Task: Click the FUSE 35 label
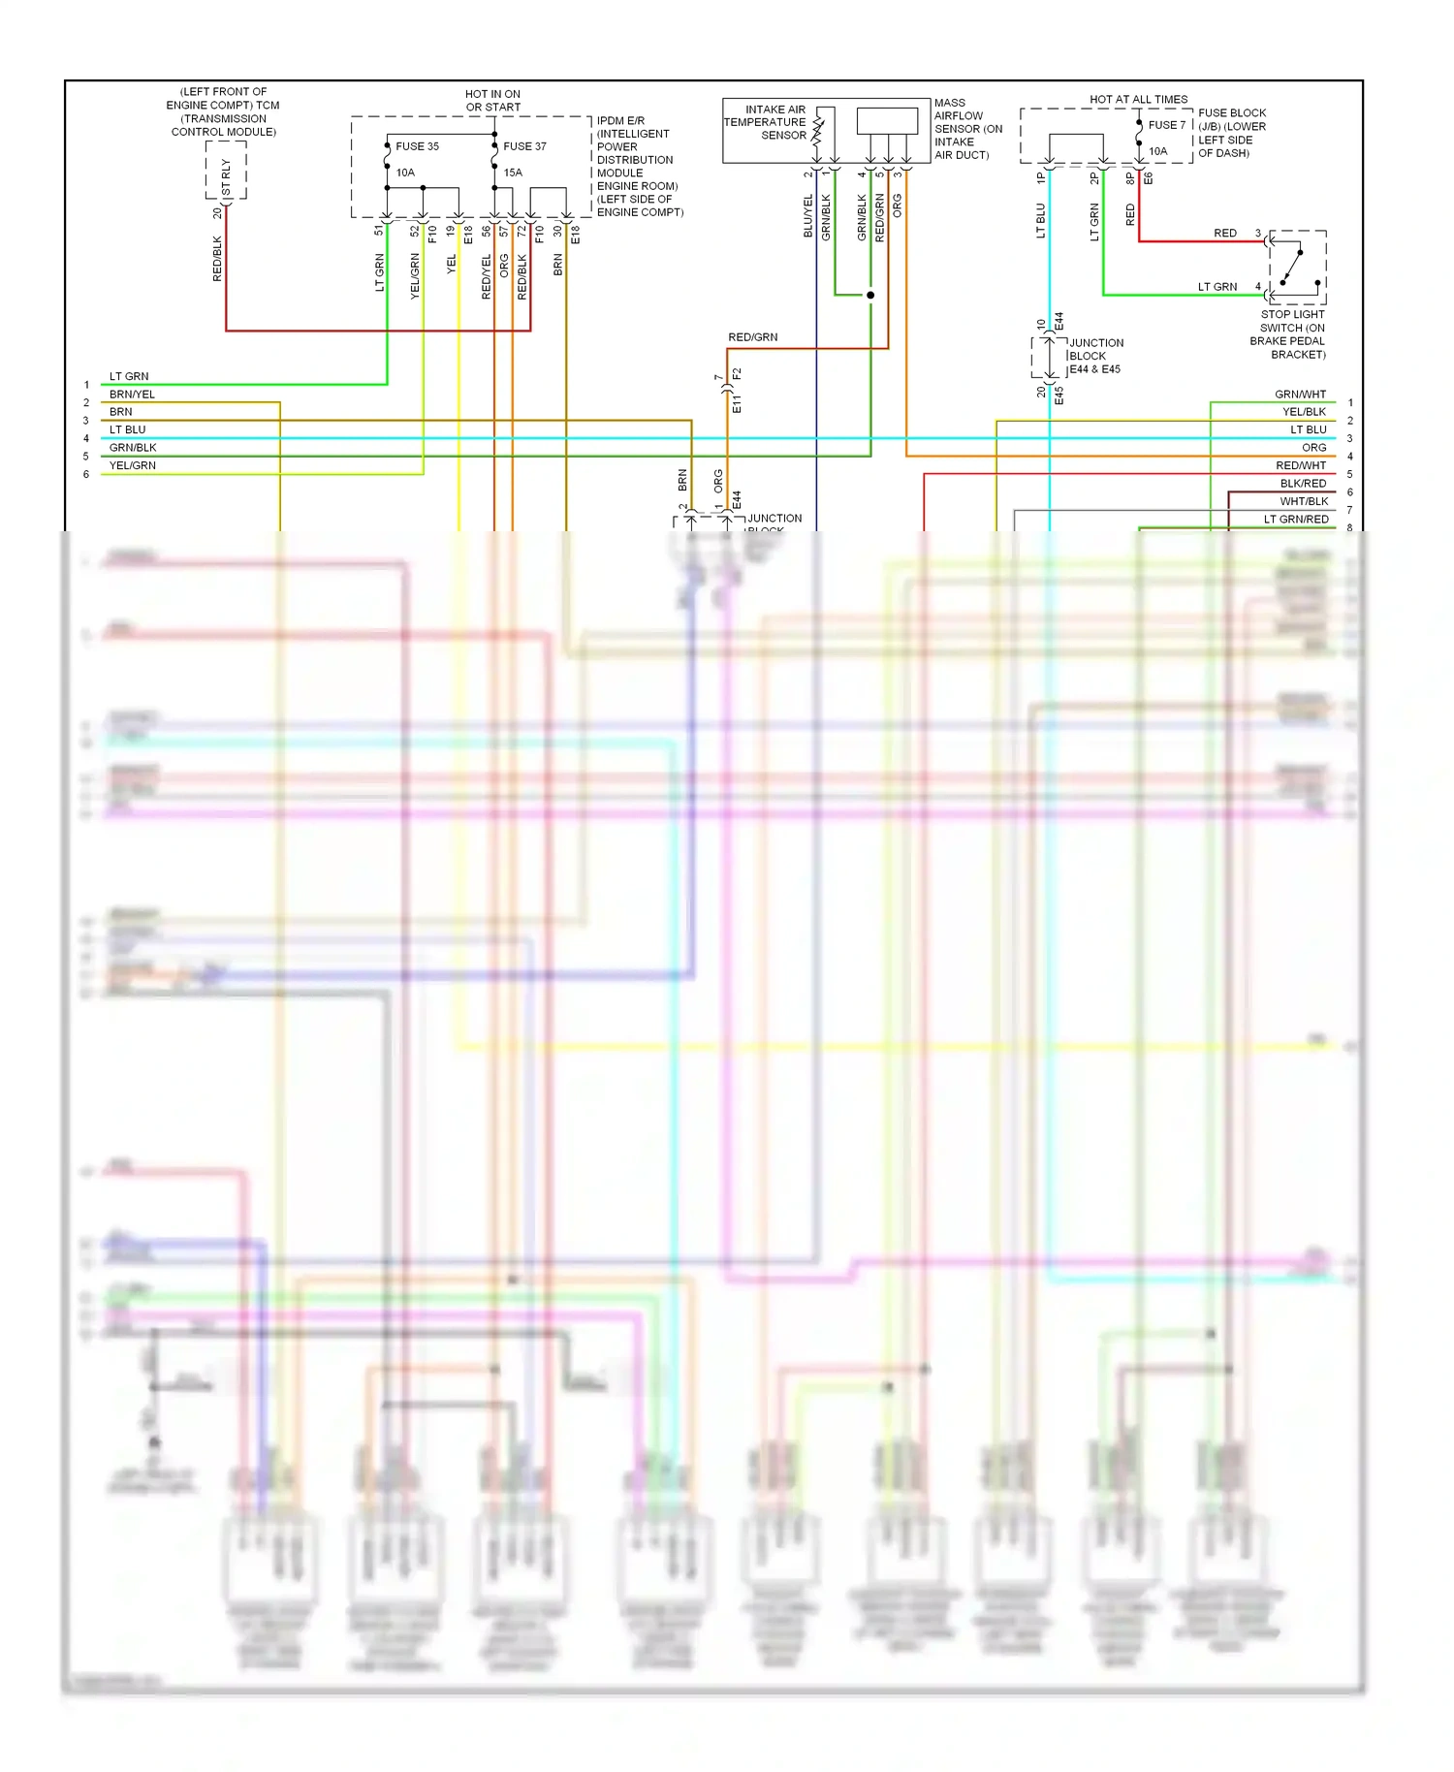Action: pyautogui.click(x=417, y=146)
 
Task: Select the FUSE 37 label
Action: pyautogui.click(x=524, y=146)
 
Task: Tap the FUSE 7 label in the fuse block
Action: pyautogui.click(x=1166, y=125)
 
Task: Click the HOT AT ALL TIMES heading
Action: pyautogui.click(x=1138, y=99)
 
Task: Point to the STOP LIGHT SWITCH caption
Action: pyautogui.click(x=1290, y=334)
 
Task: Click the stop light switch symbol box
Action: pyautogui.click(x=1297, y=268)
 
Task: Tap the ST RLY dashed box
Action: pyautogui.click(x=226, y=171)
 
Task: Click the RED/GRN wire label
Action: pyautogui.click(x=752, y=337)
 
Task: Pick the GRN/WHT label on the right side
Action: pyautogui.click(x=1300, y=395)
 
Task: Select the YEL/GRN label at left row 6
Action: pyautogui.click(x=133, y=465)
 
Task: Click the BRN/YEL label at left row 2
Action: pyautogui.click(x=132, y=395)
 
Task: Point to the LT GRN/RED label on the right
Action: pyautogui.click(x=1295, y=520)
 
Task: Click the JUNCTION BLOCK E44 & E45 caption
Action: pyautogui.click(x=1095, y=356)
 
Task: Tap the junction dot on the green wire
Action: pyautogui.click(x=870, y=295)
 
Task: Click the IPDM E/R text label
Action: pyautogui.click(x=620, y=121)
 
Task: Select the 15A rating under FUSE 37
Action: pyautogui.click(x=513, y=173)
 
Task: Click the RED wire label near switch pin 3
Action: pyautogui.click(x=1224, y=234)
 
